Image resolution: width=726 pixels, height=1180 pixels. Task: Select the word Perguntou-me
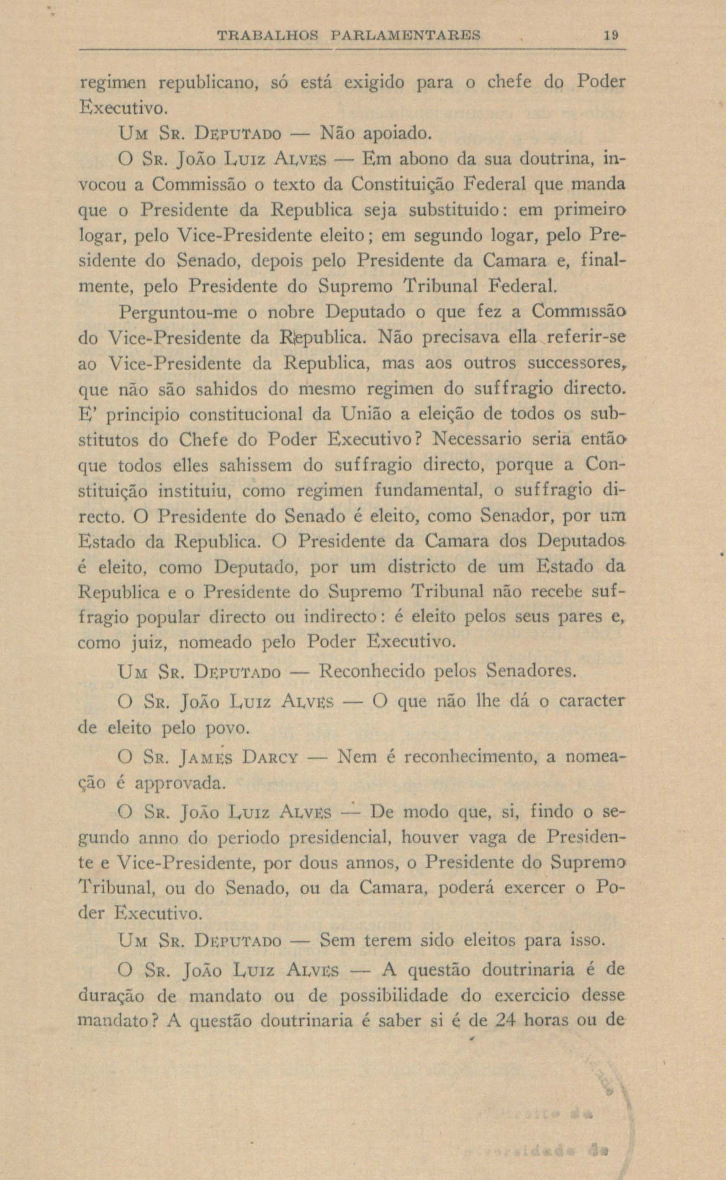pyautogui.click(x=182, y=312)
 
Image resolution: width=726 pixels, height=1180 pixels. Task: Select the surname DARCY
pyautogui.click(x=271, y=758)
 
